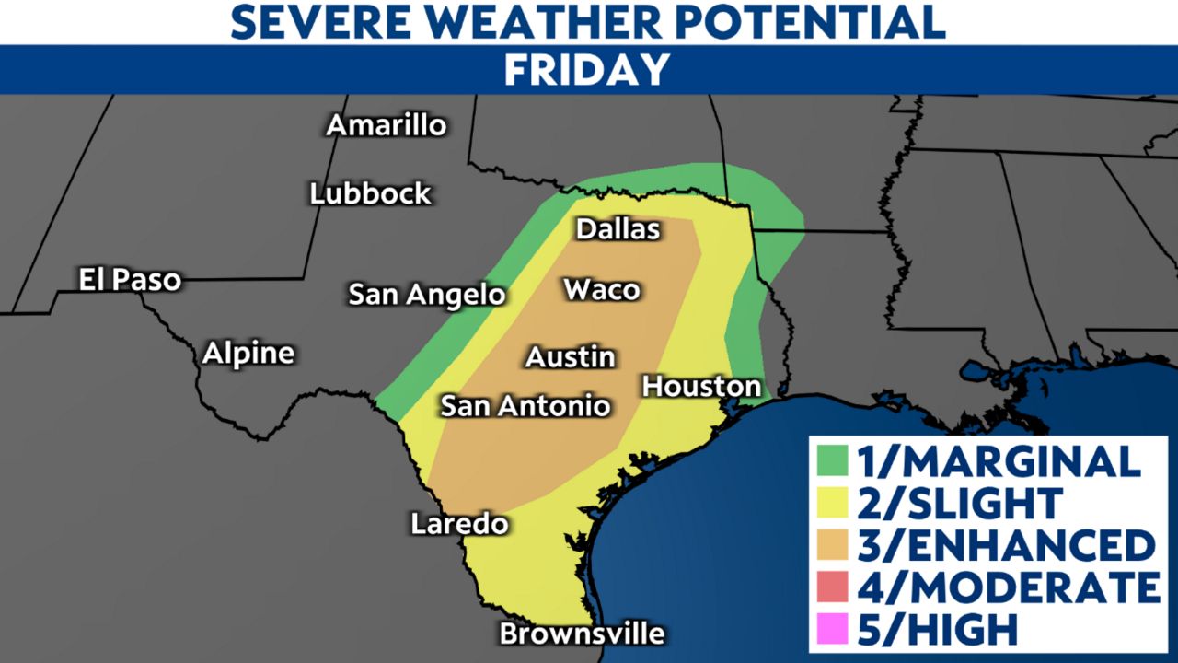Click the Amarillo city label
(387, 125)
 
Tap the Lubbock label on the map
(370, 193)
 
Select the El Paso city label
(130, 280)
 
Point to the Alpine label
(248, 353)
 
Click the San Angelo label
(427, 295)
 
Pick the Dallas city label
(618, 228)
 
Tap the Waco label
(602, 289)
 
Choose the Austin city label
(570, 356)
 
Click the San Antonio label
(525, 405)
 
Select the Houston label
(701, 386)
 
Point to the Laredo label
(459, 524)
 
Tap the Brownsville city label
(582, 634)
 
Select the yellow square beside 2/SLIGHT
(831, 503)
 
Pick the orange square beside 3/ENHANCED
(831, 545)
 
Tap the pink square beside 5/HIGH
(831, 630)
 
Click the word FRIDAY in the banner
(587, 70)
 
